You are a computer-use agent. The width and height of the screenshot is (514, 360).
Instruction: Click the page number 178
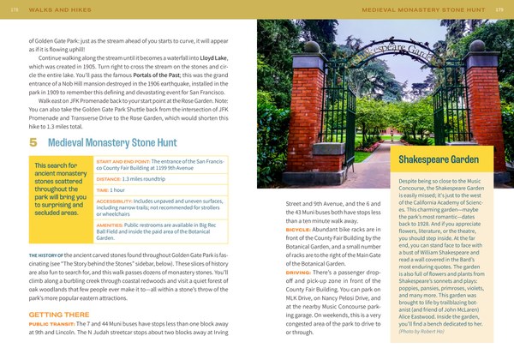[x=14, y=9]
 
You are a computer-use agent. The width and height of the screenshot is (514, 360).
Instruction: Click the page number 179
[x=500, y=9]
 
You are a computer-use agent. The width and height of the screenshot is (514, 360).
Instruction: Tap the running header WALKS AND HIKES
[x=52, y=9]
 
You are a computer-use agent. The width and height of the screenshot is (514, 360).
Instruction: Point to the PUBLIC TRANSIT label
[x=55, y=326]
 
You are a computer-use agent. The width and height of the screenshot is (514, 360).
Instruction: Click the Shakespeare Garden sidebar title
[x=438, y=160]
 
